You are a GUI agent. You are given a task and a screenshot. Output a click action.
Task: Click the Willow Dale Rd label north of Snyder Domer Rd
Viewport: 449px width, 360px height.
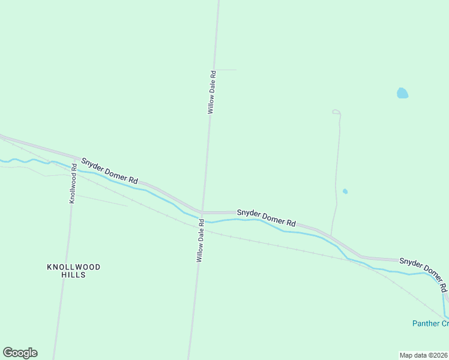[212, 92]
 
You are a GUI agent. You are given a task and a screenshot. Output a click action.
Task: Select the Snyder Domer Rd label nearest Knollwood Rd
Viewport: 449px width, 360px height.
[110, 171]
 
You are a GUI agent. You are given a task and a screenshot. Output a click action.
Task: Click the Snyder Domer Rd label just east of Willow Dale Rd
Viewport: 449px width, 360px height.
[266, 217]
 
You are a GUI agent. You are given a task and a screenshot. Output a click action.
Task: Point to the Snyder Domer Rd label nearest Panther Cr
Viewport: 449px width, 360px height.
[423, 270]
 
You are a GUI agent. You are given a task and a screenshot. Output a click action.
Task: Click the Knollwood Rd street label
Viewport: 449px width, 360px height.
[73, 184]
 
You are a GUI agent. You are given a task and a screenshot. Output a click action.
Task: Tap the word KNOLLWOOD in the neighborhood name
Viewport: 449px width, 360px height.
[74, 266]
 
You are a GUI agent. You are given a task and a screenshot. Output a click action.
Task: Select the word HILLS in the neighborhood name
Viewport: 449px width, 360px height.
[74, 275]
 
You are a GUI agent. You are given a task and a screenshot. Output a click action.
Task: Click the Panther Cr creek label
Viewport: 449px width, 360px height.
[430, 323]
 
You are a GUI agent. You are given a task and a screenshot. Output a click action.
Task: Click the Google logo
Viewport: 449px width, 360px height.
[20, 353]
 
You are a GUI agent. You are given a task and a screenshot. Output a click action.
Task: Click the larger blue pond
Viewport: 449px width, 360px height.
[402, 93]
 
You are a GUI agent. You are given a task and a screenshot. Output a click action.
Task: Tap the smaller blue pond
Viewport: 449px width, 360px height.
[345, 191]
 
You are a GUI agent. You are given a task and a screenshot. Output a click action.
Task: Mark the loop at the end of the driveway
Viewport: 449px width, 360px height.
[336, 112]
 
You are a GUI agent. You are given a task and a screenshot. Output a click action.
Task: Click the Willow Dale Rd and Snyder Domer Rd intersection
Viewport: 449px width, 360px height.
[202, 212]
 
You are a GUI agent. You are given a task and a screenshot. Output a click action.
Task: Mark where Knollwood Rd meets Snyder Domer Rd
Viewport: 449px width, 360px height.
[74, 158]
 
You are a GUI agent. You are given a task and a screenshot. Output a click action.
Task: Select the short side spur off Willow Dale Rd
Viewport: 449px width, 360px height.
[226, 70]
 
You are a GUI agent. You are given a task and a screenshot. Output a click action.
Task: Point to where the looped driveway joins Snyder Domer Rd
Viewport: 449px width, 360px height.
[330, 234]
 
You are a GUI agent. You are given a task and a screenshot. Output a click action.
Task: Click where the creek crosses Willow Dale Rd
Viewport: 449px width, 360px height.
[202, 220]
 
